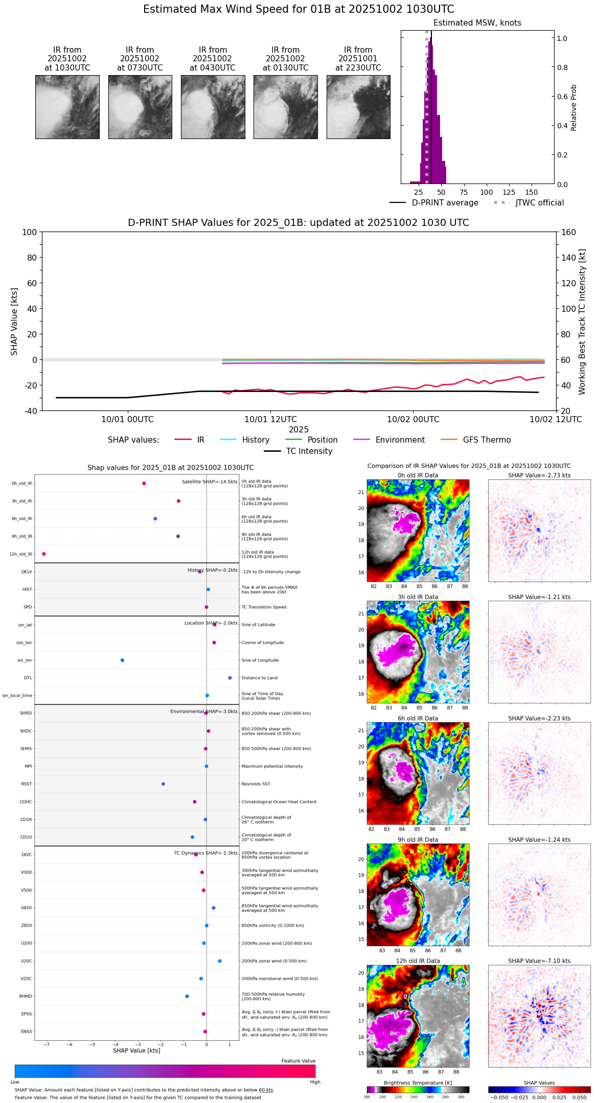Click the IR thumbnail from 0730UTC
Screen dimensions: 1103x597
coord(140,107)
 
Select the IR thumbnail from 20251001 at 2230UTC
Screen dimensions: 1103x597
coord(358,107)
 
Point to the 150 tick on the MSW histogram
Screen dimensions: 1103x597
coord(532,192)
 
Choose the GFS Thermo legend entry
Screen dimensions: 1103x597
coord(487,440)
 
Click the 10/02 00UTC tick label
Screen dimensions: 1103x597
coord(413,420)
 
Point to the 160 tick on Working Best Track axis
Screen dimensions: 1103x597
coord(569,233)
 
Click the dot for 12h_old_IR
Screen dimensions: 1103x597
coord(44,554)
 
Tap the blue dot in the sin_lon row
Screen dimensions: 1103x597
coord(122,660)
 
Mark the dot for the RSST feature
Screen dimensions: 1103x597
coord(163,784)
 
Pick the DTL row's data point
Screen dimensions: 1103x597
coord(230,678)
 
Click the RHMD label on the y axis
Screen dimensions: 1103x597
coord(26,996)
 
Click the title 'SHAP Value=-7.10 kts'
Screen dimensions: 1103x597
coord(539,961)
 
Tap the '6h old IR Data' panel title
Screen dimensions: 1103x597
coord(418,718)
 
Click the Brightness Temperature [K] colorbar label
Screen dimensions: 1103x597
coord(418,1083)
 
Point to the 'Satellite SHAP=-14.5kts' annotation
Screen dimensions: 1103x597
coord(210,482)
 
